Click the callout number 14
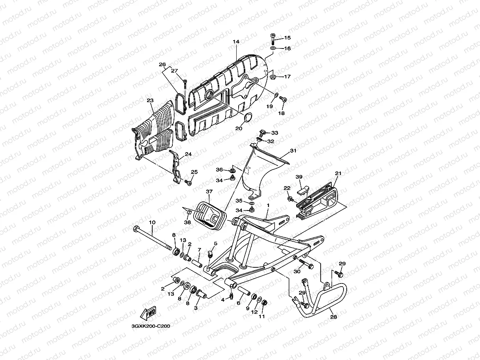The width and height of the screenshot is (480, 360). tap(236, 41)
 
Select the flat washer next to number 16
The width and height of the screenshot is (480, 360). tap(273, 48)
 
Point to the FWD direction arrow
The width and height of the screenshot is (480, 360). tap(148, 314)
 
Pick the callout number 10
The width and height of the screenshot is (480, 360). tap(152, 222)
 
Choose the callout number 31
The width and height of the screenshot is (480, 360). tap(293, 151)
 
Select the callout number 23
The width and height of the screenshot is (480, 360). tap(150, 101)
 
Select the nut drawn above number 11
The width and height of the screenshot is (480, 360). tap(264, 302)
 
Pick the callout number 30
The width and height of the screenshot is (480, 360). tap(297, 272)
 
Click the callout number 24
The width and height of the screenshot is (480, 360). tap(188, 154)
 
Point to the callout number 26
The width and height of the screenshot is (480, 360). tap(162, 64)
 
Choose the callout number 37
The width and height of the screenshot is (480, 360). tap(209, 192)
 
